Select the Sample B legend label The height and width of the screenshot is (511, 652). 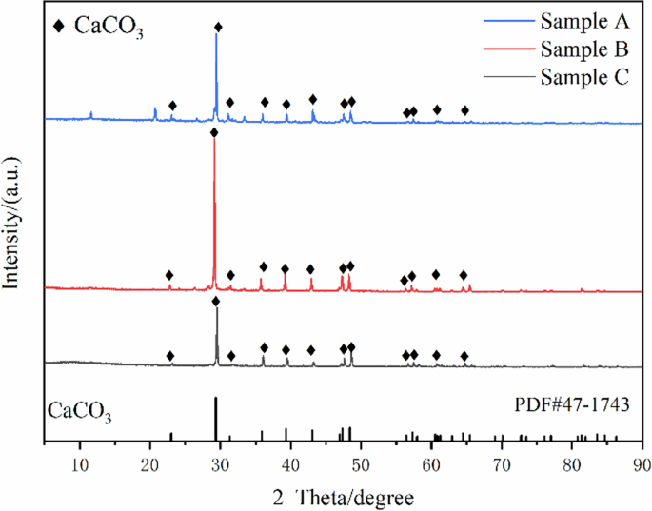(582, 49)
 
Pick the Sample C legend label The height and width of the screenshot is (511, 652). (582, 77)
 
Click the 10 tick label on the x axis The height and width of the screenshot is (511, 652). (79, 463)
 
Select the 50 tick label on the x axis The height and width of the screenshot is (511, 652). (361, 463)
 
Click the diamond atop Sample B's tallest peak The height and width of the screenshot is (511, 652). (214, 133)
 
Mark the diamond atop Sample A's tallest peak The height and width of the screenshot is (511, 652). (218, 28)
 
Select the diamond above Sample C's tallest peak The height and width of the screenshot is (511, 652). (216, 302)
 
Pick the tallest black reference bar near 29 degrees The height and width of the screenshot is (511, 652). (216, 419)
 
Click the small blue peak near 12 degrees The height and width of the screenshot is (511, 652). (91, 115)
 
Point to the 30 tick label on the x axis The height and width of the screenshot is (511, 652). (220, 463)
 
